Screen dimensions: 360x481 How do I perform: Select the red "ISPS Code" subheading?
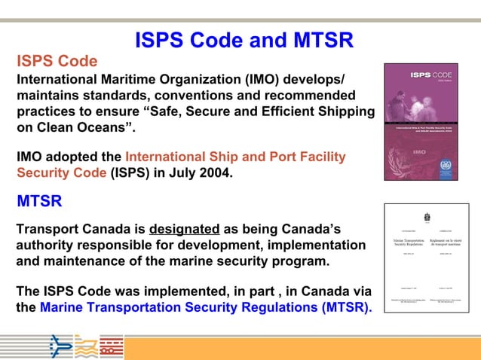click(x=57, y=61)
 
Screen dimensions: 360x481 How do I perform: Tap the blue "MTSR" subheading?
click(x=39, y=202)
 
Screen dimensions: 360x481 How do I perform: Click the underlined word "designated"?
click(x=184, y=229)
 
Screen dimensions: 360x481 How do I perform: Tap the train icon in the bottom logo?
click(x=111, y=347)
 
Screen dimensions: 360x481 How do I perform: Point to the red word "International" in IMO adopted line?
click(x=168, y=157)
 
